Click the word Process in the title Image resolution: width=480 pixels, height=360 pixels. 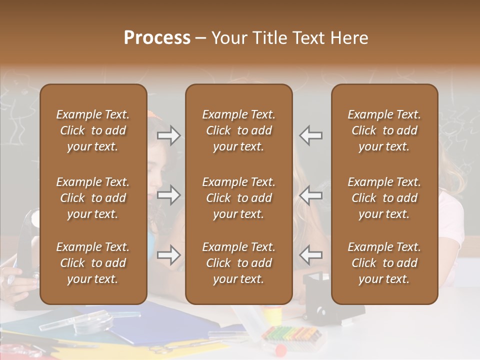click(157, 38)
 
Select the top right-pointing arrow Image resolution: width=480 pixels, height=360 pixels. click(168, 135)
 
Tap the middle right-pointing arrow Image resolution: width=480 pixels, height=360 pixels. click(168, 195)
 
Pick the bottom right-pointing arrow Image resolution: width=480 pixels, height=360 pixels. click(168, 255)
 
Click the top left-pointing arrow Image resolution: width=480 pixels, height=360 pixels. click(311, 135)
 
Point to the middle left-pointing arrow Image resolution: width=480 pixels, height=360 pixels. click(311, 195)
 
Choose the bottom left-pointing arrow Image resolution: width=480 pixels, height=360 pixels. click(311, 255)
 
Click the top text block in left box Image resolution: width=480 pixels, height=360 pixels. click(93, 130)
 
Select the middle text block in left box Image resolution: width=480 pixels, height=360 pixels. click(93, 198)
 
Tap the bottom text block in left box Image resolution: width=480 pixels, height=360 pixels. click(93, 263)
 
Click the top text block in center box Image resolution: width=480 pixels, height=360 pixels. click(238, 130)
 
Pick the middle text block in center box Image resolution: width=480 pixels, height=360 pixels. click(238, 198)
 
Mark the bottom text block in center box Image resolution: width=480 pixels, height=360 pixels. click(238, 263)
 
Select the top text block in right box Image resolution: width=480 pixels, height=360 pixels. click(384, 130)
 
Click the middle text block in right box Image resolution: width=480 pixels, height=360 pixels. click(384, 198)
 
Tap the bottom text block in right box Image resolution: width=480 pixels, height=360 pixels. click(384, 263)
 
